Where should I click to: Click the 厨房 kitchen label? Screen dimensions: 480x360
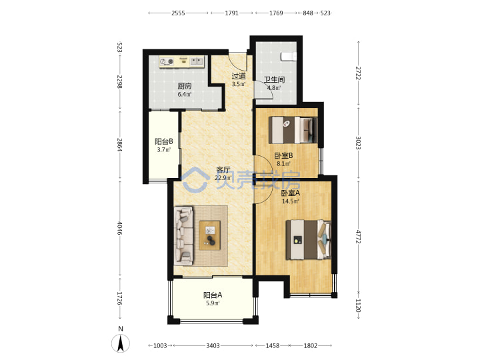tap(185, 86)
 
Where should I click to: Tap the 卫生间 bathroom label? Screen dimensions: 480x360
tap(274, 80)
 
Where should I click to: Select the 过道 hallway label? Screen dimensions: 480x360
tap(239, 76)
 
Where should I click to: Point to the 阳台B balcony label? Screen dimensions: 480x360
tap(164, 142)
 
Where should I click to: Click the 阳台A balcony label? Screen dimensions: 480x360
tap(213, 295)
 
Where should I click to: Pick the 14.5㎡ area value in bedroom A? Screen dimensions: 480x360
tap(290, 201)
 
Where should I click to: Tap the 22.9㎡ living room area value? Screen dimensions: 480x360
tap(223, 178)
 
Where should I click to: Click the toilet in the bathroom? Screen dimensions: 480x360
tap(289, 56)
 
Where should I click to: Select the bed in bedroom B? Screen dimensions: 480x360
tap(293, 130)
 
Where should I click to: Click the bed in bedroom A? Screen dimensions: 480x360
tap(309, 240)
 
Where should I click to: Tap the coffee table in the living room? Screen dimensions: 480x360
tap(210, 235)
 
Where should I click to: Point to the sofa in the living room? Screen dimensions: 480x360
tap(184, 235)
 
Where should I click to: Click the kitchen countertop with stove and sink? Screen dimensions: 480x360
tap(181, 61)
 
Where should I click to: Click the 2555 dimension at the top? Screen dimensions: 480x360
tap(178, 13)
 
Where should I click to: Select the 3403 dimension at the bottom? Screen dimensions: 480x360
tap(213, 345)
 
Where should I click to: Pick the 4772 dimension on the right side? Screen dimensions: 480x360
tap(358, 236)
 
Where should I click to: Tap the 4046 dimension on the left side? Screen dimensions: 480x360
tap(120, 228)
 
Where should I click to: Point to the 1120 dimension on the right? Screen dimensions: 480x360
tap(358, 305)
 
